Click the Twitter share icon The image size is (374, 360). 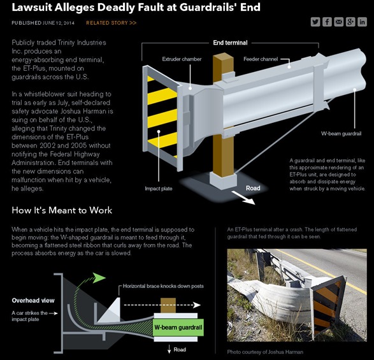315,22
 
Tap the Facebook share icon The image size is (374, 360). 327,22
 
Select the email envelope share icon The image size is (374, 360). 338,22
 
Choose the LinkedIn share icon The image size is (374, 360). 362,22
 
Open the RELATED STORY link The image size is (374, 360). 111,23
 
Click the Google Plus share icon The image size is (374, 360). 350,22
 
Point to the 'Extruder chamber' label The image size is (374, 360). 182,59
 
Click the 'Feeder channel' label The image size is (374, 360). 261,59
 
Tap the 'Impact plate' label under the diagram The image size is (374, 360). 159,189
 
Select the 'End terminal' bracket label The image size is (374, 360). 230,43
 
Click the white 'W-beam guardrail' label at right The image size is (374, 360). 341,134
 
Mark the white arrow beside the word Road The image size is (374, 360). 243,198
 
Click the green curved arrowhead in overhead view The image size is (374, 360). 99,278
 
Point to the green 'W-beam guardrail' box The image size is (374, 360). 178,328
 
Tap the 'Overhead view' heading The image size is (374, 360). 33,300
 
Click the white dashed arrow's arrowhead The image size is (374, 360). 197,305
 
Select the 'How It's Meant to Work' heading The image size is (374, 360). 62,210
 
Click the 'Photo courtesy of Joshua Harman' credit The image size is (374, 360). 265,352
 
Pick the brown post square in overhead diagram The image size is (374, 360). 168,305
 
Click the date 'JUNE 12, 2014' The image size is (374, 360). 59,23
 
